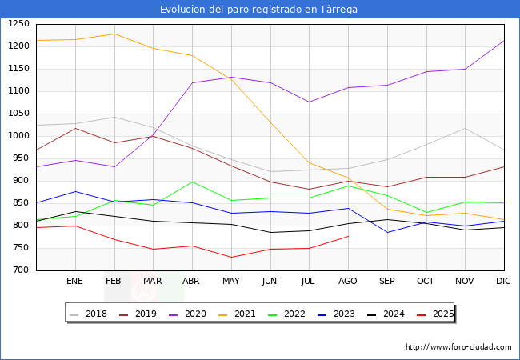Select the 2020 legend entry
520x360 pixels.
pos(198,314)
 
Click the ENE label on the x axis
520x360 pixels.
pos(75,282)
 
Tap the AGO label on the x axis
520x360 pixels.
pos(348,282)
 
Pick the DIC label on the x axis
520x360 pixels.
pos(503,282)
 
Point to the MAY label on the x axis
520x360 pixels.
pos(231,282)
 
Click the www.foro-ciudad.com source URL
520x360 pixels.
pos(458,347)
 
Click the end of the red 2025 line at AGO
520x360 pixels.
pos(348,236)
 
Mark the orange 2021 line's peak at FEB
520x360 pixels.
pos(114,34)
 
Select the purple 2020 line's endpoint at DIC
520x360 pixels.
pos(504,41)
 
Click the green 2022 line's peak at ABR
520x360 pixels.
pos(192,182)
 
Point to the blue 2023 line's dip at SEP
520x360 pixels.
pos(387,233)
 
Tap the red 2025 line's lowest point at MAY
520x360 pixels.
pos(231,257)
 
